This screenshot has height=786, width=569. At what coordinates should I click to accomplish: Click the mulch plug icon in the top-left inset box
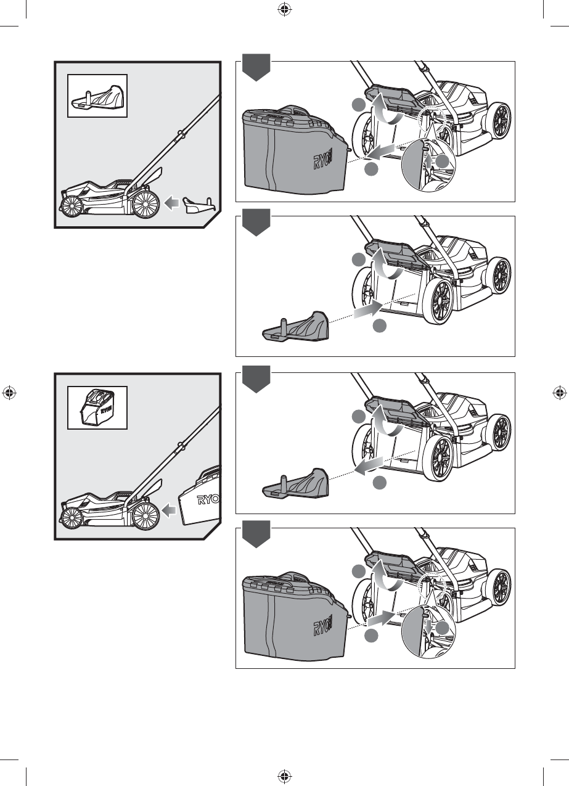97,96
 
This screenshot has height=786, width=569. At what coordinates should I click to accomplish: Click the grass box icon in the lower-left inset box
97,407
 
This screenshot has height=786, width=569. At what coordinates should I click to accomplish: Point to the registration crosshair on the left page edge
9,393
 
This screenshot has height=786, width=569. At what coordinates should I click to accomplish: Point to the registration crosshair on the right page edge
560,393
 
